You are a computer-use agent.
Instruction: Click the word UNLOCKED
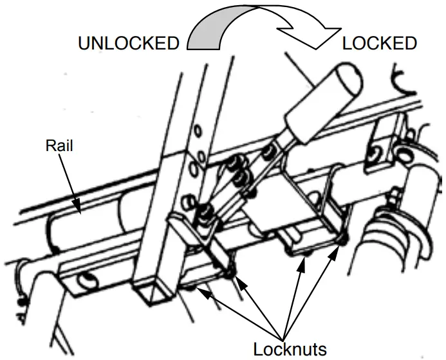(x=128, y=44)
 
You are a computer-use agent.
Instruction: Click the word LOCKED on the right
(x=379, y=44)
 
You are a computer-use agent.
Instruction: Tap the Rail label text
(x=59, y=146)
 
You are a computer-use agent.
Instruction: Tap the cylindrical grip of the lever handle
(x=321, y=103)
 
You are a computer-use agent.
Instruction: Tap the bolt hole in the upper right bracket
(x=373, y=152)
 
